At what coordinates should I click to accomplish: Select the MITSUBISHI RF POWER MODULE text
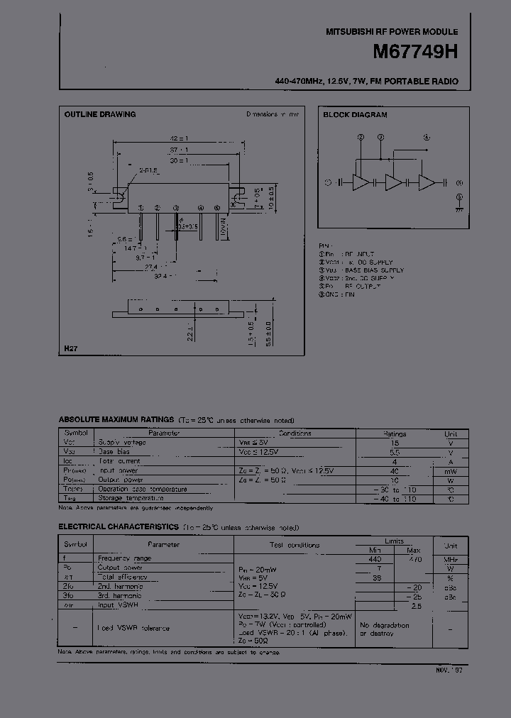coord(392,32)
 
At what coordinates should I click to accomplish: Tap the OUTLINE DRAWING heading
coord(100,114)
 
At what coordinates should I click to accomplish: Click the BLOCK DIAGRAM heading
coord(355,114)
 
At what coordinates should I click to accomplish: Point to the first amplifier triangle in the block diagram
coord(361,182)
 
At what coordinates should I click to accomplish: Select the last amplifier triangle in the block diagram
coord(427,182)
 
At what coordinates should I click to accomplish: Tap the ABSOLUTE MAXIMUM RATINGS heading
coord(116,421)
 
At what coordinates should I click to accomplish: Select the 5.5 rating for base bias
coord(395,451)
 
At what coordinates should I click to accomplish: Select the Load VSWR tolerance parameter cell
coord(133,628)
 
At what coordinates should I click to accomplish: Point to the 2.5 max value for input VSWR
coord(416,605)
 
